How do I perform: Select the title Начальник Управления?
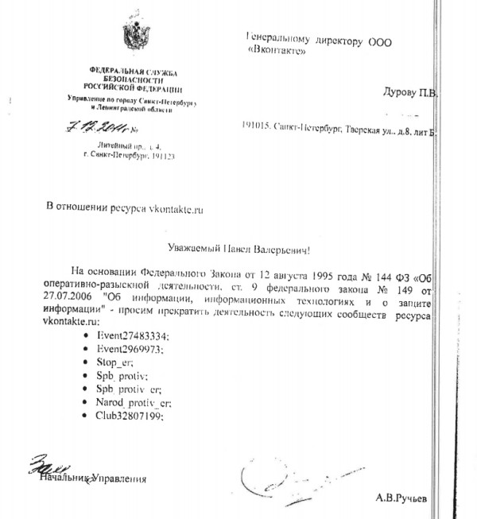click(x=93, y=478)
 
